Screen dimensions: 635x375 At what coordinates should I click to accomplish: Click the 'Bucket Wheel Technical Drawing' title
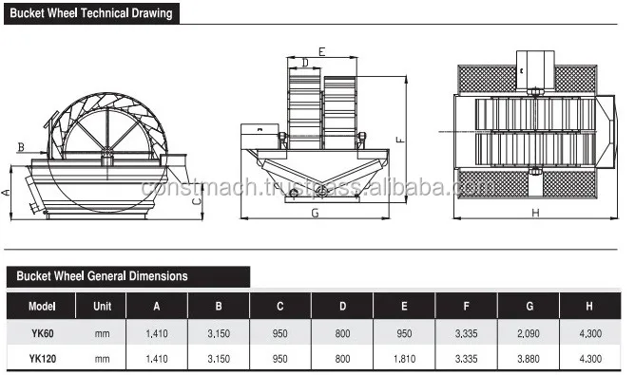coord(91,13)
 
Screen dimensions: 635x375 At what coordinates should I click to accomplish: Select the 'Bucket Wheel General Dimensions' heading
coord(102,276)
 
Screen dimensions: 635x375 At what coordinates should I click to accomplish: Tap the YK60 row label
coord(43,333)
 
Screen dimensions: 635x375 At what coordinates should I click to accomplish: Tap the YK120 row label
coord(43,359)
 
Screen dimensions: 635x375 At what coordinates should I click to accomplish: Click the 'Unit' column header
coord(102,307)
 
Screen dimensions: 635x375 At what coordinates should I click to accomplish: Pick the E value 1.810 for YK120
coord(404,359)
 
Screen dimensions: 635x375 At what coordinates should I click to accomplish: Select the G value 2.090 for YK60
coord(529,333)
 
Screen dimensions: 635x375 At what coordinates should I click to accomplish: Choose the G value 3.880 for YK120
coord(529,359)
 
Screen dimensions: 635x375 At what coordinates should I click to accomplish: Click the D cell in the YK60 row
coord(342,333)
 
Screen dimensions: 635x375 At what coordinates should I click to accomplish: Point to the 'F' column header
coord(466,307)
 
